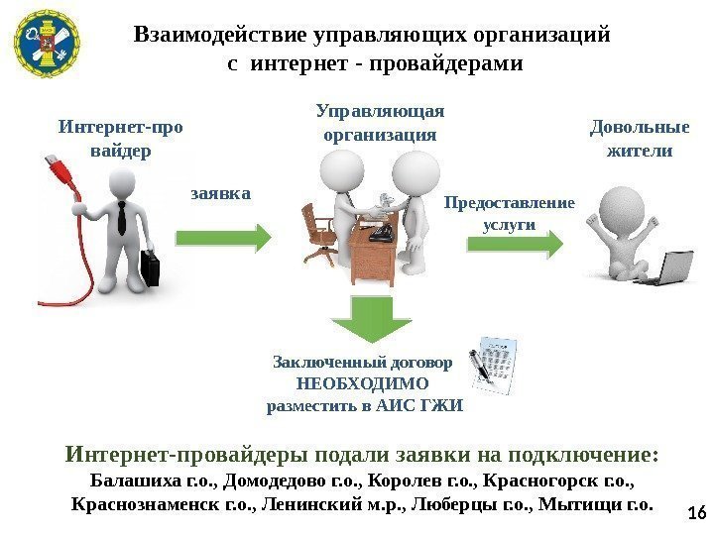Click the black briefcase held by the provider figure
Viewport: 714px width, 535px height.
pos(149,268)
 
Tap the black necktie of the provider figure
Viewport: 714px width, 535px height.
pos(121,215)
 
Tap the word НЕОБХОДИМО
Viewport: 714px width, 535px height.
pos(364,383)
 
